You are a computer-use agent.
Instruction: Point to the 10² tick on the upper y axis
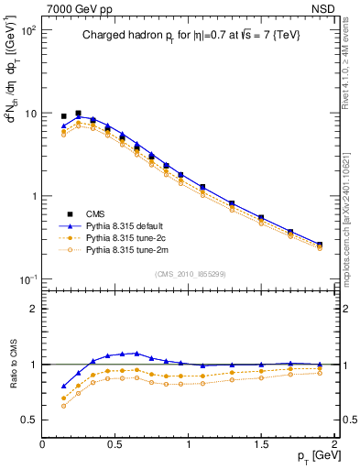click(29, 31)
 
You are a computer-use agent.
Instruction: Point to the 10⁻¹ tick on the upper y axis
click(28, 278)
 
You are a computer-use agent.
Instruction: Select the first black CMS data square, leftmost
click(63, 116)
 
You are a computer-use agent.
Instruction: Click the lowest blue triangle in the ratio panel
click(63, 386)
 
